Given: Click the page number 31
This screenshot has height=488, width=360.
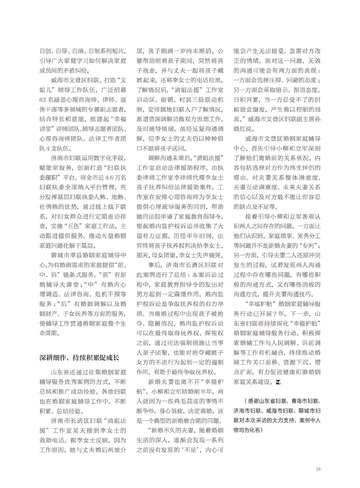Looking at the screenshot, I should click(318, 469).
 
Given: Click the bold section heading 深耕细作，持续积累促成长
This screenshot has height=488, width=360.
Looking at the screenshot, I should click(79, 358).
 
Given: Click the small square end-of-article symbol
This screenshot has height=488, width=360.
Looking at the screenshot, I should click(278, 382).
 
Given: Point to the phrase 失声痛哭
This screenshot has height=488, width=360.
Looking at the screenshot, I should click(212, 255).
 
